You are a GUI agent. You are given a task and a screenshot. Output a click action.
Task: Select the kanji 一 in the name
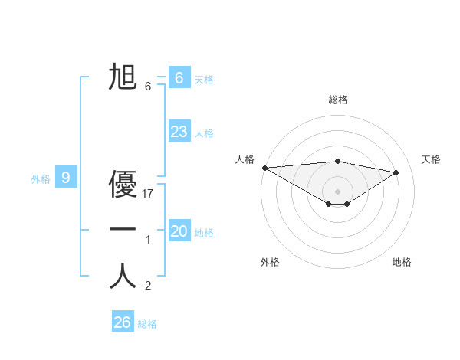click(123, 229)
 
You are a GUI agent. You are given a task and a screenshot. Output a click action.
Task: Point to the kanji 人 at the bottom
click(123, 277)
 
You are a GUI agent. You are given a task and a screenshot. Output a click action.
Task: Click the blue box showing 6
click(179, 77)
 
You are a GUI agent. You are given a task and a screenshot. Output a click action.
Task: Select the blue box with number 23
click(179, 132)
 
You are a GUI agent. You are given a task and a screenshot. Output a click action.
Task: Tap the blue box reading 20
click(179, 231)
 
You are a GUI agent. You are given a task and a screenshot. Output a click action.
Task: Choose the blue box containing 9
click(66, 178)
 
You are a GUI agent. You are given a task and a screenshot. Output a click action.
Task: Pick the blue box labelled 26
click(122, 322)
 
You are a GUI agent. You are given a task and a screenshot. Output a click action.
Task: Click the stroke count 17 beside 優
click(149, 195)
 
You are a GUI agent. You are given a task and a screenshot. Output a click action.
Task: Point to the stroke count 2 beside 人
click(148, 286)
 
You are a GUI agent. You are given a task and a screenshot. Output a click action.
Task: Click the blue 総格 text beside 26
click(147, 324)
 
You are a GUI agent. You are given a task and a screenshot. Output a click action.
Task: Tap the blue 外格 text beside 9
click(41, 179)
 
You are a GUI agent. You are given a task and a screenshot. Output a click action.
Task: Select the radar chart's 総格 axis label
click(337, 100)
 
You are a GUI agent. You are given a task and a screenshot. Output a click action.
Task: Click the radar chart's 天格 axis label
click(432, 159)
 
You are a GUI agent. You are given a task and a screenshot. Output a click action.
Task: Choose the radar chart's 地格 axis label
click(402, 262)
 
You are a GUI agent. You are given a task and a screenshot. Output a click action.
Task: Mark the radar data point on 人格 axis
click(264, 168)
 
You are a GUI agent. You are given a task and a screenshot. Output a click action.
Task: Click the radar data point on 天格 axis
click(396, 172)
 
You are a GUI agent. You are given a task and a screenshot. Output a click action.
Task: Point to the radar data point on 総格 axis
click(337, 161)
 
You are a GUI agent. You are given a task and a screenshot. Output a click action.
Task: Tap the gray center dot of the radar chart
click(337, 191)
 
